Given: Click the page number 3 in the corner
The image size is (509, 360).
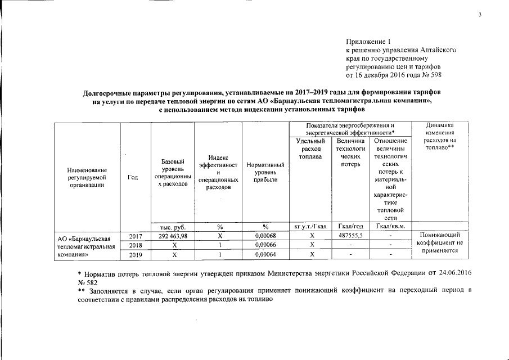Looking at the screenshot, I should [480, 15].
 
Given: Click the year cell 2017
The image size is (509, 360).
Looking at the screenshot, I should [135, 236].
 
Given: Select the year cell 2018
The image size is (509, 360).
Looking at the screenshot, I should [135, 245].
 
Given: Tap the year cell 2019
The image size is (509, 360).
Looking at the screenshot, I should [135, 255].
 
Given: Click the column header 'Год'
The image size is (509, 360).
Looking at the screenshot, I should [133, 177].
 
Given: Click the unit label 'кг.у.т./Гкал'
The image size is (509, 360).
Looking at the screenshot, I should [310, 226].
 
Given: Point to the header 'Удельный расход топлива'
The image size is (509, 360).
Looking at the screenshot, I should [310, 148].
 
